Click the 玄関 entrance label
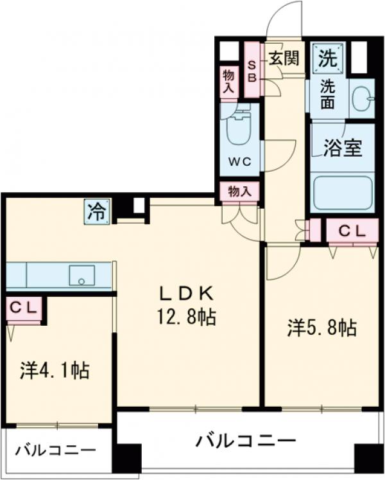[x=282, y=58]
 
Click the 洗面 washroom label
[x=327, y=94]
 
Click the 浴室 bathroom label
[x=341, y=148]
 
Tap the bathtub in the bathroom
[x=342, y=192]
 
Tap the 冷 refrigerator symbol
[x=96, y=210]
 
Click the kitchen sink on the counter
[x=81, y=276]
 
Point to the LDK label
[x=186, y=293]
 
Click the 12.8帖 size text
[x=186, y=317]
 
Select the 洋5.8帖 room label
[x=321, y=328]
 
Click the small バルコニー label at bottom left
[x=56, y=450]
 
